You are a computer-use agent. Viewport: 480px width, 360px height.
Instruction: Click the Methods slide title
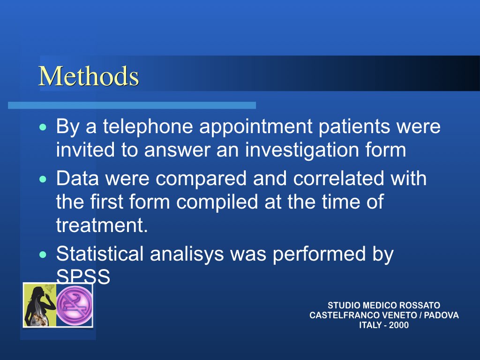(x=89, y=76)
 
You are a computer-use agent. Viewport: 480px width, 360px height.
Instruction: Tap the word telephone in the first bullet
(x=148, y=127)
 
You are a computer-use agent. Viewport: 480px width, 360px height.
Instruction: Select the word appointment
(x=256, y=127)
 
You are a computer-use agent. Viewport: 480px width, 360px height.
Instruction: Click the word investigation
(x=302, y=150)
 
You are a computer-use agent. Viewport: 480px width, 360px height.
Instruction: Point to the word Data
(x=77, y=178)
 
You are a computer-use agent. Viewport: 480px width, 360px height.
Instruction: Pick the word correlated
(x=338, y=178)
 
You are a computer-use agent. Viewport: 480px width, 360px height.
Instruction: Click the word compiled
(x=217, y=202)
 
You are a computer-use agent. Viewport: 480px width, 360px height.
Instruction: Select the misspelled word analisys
(x=187, y=254)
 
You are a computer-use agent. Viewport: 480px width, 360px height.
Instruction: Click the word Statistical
(x=100, y=254)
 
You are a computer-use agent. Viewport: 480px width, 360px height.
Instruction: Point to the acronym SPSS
(x=83, y=277)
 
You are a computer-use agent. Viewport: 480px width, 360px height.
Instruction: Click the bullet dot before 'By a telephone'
(x=43, y=127)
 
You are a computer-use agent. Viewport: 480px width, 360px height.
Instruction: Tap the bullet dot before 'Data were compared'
(x=43, y=179)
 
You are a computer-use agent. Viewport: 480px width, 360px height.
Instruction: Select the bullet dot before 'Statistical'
(x=43, y=255)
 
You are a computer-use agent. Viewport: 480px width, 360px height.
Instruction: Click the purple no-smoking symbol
(x=75, y=305)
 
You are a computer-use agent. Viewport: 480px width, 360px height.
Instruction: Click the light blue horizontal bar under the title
(x=132, y=105)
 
